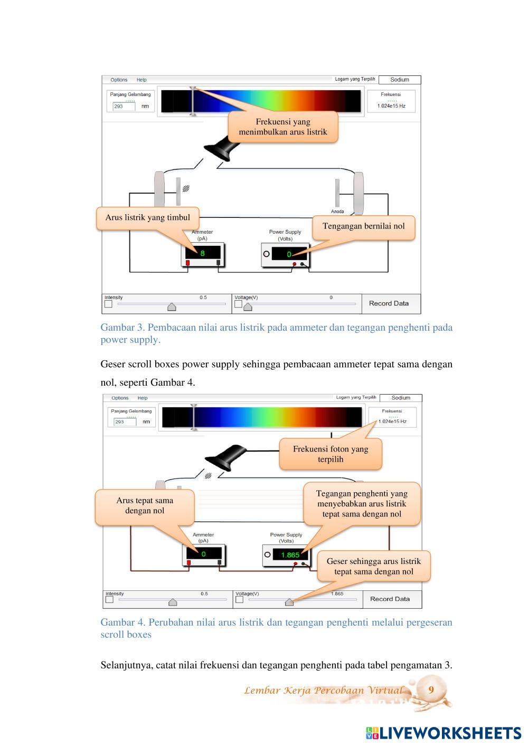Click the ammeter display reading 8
tap(202, 253)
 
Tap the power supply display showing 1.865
tap(290, 554)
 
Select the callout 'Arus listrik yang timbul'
tap(147, 217)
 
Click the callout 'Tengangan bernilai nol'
tap(363, 226)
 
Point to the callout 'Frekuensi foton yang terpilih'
tap(331, 454)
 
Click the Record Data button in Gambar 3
tap(389, 303)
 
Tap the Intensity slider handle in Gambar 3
tap(172, 307)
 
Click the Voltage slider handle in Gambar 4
tap(289, 602)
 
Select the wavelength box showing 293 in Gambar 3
tap(124, 106)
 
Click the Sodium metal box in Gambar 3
tap(400, 80)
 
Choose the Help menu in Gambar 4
tap(143, 398)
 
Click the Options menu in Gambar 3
tap(119, 80)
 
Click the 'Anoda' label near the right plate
tap(337, 212)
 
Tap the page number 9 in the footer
tap(431, 690)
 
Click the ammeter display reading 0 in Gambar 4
tap(203, 554)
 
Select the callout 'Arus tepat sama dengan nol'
tap(144, 505)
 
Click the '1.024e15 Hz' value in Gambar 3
tap(391, 106)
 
